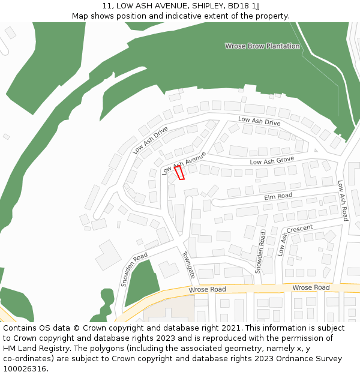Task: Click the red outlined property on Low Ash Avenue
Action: [179, 173]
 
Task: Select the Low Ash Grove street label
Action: [272, 160]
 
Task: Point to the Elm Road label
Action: [278, 196]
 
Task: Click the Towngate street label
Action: [189, 265]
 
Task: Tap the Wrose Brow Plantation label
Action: [262, 46]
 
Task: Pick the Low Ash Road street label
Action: [343, 200]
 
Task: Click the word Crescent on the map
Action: [299, 229]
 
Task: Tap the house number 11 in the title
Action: [106, 5]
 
